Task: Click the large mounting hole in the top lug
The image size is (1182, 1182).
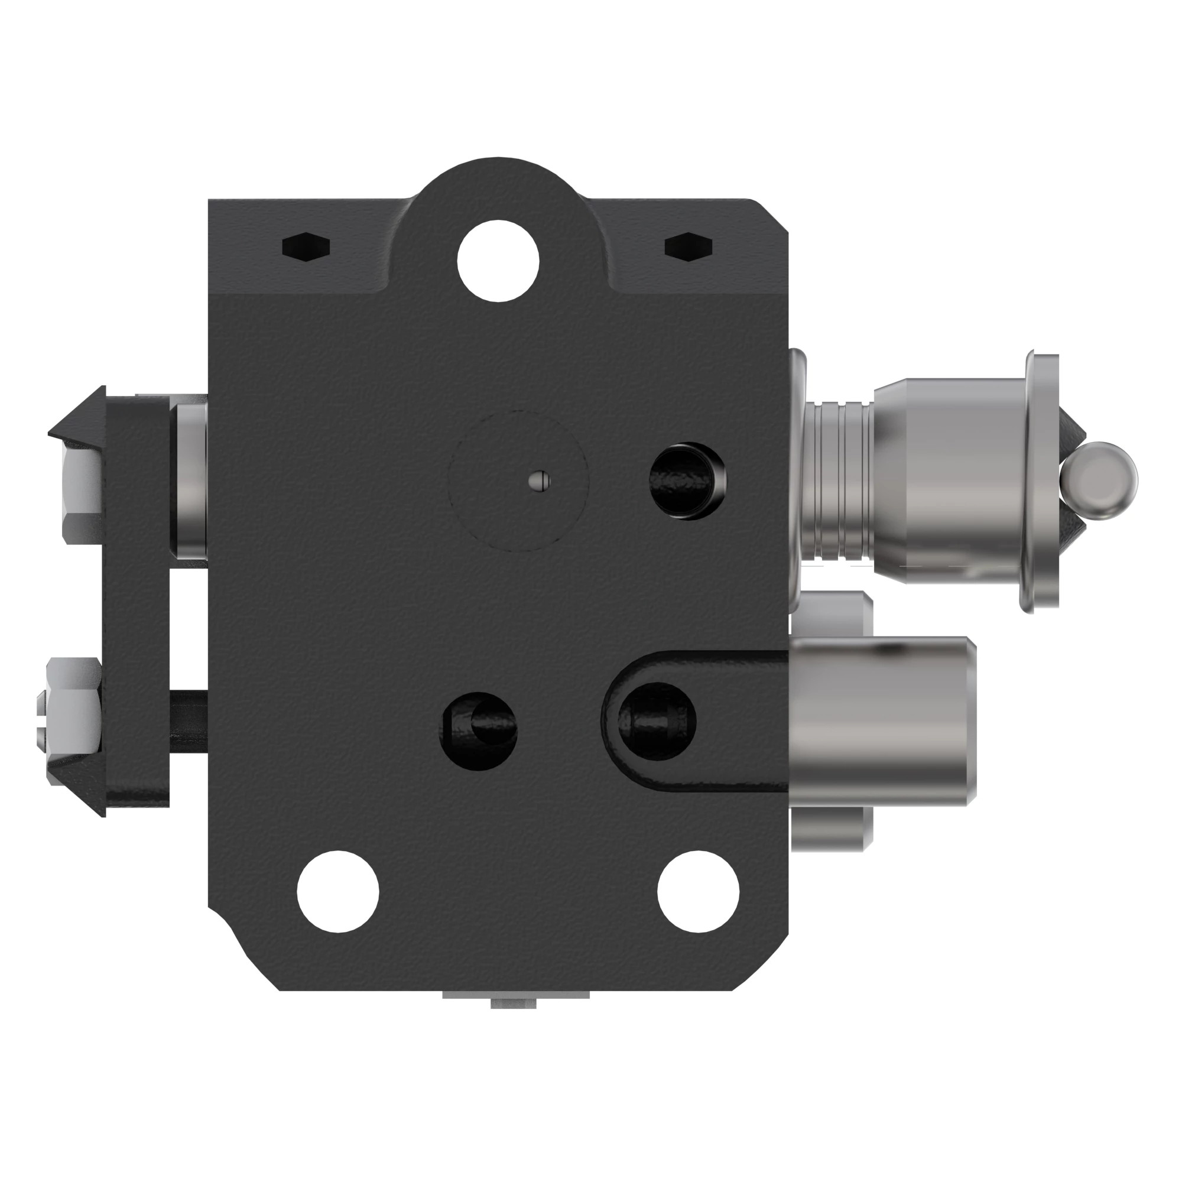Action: pos(498,261)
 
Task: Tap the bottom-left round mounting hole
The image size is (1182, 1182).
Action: pos(337,891)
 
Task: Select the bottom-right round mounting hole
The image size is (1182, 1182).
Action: pos(698,891)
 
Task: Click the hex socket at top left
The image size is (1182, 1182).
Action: pos(306,247)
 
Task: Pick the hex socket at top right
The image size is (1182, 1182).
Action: pos(689,247)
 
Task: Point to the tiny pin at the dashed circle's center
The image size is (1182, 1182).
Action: pos(539,481)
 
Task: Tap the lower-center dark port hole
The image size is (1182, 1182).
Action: pos(480,730)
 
